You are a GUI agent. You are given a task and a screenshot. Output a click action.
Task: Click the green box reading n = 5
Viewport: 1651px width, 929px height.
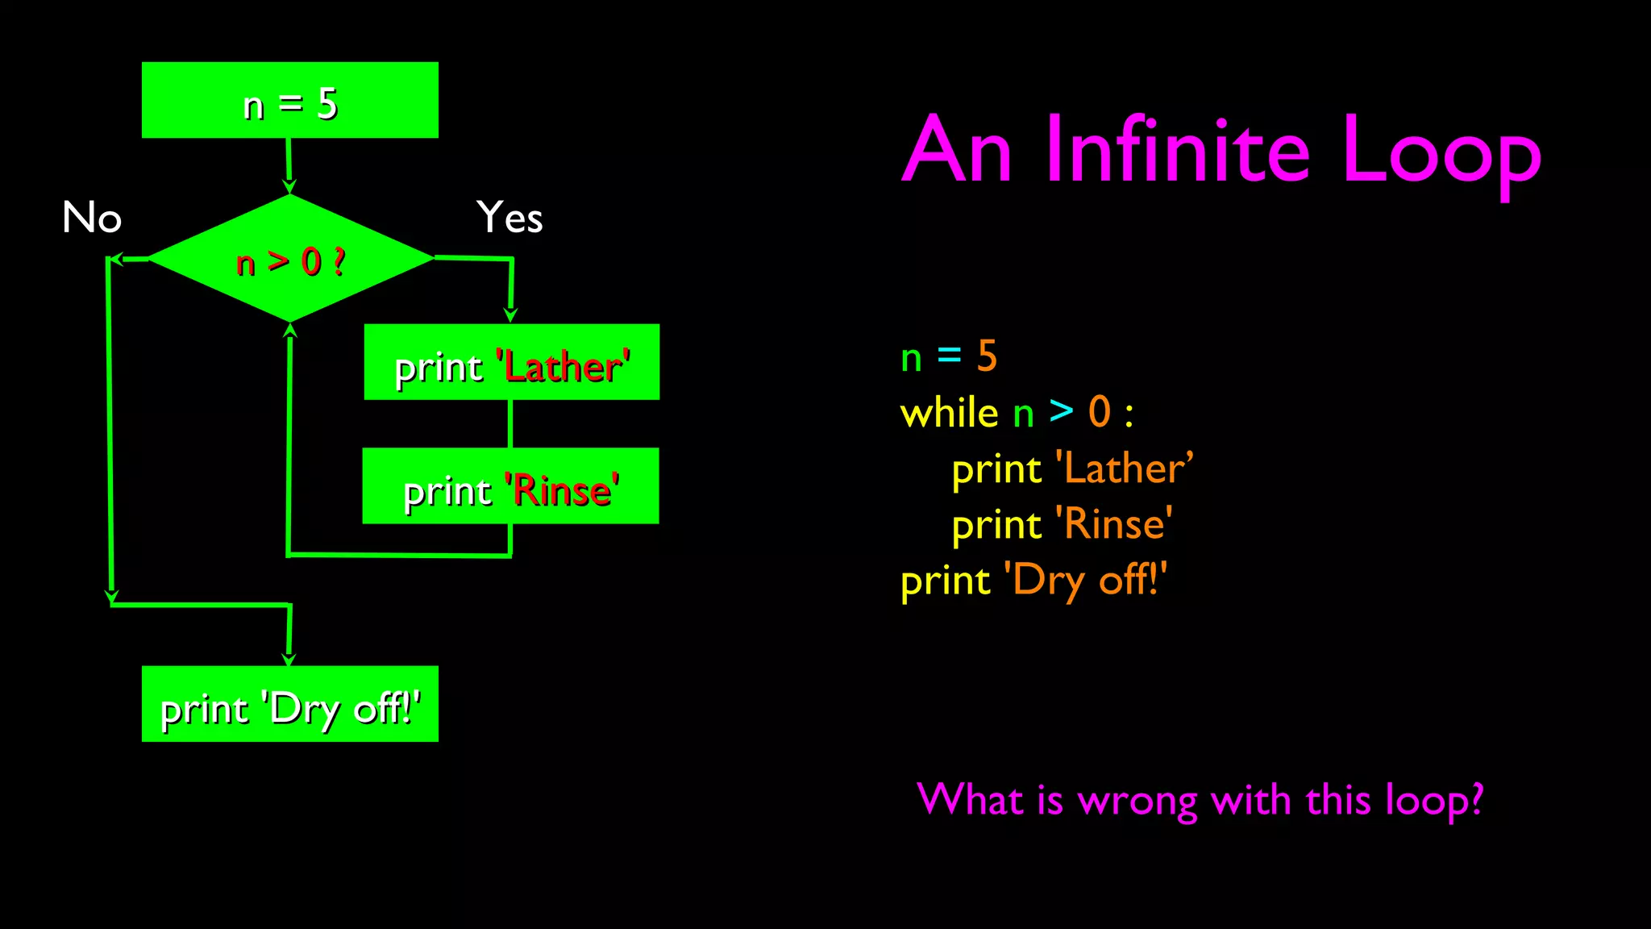pyautogui.click(x=290, y=101)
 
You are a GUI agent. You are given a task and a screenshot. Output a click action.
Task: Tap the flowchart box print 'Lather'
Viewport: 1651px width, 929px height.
pyautogui.click(x=511, y=363)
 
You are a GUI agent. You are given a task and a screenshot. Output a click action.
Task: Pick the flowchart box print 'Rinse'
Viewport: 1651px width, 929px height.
pyautogui.click(x=510, y=486)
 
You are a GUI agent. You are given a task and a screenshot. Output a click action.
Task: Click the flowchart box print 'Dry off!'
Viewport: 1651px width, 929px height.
pyautogui.click(x=290, y=704)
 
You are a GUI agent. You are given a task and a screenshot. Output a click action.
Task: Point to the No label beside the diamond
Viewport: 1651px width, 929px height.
pyautogui.click(x=92, y=218)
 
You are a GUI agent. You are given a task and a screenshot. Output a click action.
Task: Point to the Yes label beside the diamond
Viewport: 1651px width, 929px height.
pyautogui.click(x=509, y=218)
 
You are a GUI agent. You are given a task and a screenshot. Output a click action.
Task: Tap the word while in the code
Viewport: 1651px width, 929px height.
pyautogui.click(x=949, y=413)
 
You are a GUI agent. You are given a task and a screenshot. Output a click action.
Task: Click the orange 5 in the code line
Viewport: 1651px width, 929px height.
pyautogui.click(x=987, y=356)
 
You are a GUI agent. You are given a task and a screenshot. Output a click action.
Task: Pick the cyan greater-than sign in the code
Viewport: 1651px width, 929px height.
pyautogui.click(x=1061, y=412)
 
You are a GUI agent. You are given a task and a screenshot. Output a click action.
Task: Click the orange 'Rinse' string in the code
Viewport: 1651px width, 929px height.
pyautogui.click(x=1114, y=525)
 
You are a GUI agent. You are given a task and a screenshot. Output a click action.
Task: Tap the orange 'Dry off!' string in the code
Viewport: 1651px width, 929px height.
pyautogui.click(x=1085, y=581)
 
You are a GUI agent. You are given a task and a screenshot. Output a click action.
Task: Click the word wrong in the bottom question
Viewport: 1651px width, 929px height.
pyautogui.click(x=1137, y=801)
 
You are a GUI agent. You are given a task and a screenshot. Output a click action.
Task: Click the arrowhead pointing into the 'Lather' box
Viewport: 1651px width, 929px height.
pyautogui.click(x=510, y=315)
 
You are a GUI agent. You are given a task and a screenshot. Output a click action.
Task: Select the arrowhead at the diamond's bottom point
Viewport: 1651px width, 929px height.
pyautogui.click(x=290, y=330)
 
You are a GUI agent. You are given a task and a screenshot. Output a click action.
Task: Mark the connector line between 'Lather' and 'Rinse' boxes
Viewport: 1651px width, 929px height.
pyautogui.click(x=510, y=423)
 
